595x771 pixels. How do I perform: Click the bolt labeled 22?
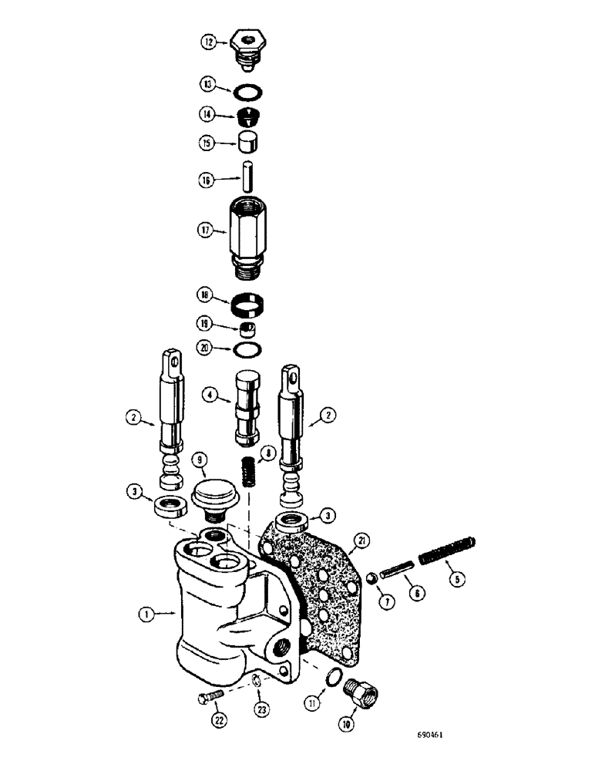(208, 700)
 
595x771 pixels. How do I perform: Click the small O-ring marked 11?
(331, 677)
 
